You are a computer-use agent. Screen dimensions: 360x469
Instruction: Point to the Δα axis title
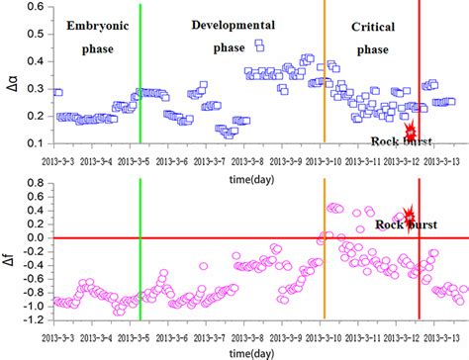point(10,75)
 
